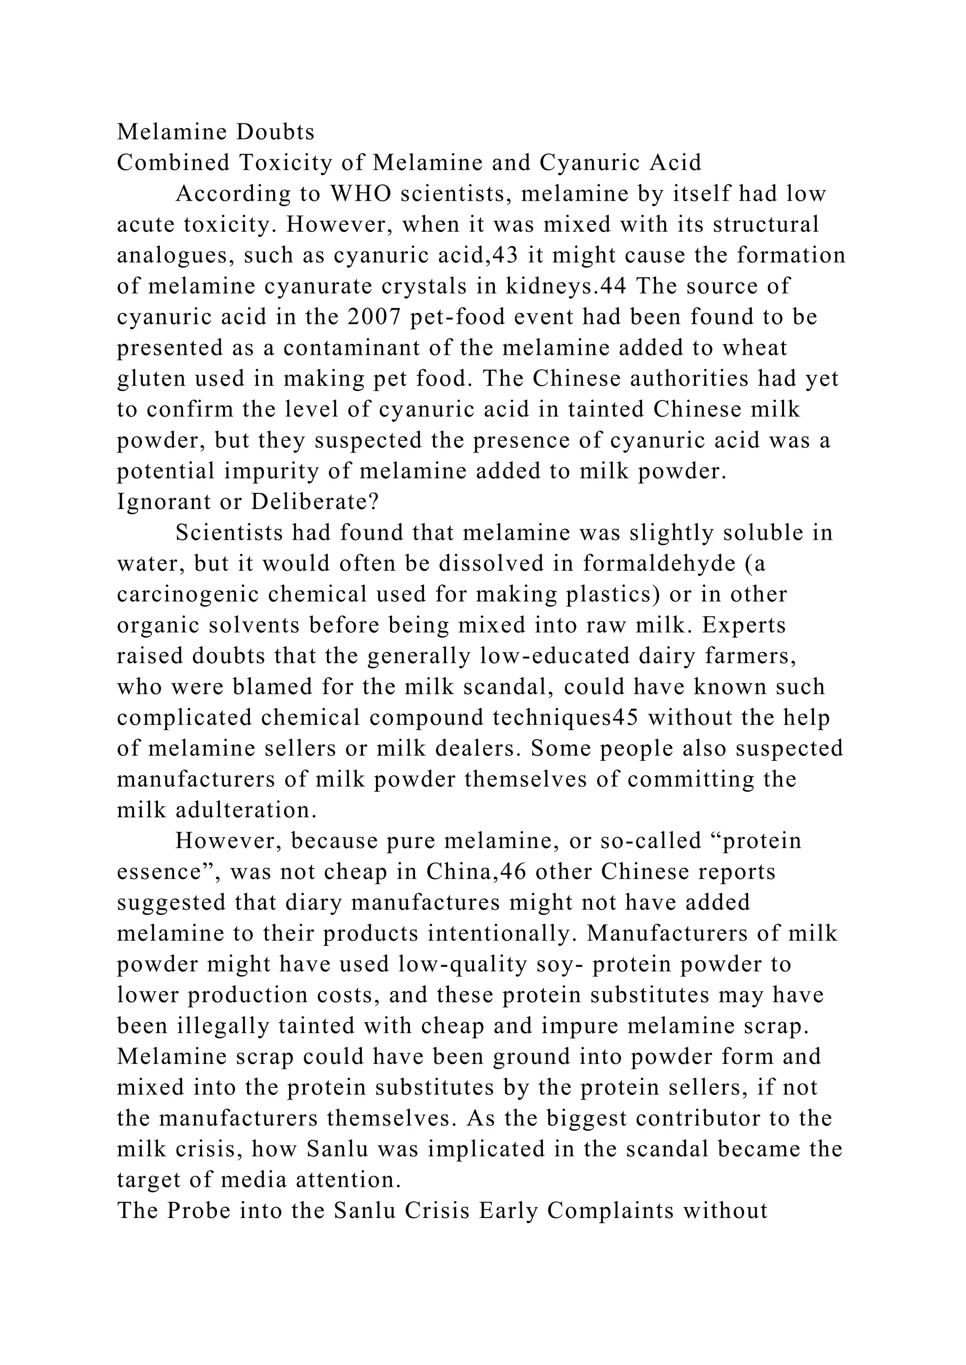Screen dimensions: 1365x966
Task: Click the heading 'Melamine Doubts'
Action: [216, 132]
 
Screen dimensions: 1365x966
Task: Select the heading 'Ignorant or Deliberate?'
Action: [248, 502]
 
